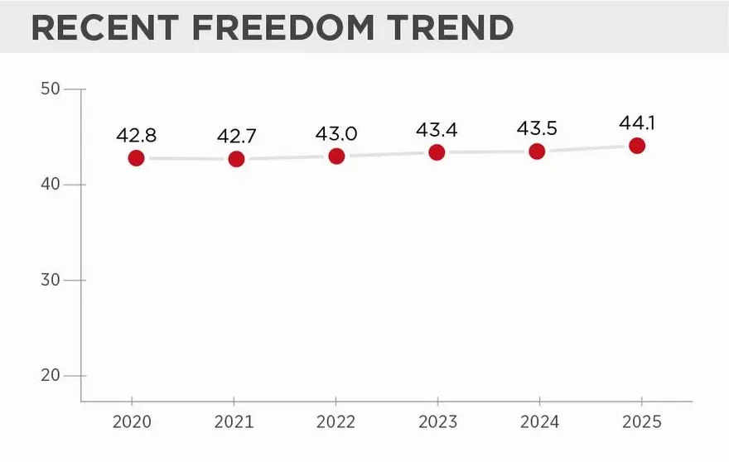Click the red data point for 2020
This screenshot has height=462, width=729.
tap(136, 158)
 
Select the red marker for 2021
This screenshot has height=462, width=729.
tap(236, 159)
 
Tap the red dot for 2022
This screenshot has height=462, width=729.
tap(336, 156)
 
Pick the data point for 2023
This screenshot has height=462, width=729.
tap(437, 152)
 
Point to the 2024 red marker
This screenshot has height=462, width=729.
tap(537, 151)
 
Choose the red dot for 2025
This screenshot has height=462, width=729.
tap(637, 146)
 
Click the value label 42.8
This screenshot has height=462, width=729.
tap(136, 135)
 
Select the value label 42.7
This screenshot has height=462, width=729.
tap(237, 136)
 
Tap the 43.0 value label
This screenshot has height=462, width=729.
tap(336, 134)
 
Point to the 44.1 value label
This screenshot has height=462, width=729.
tap(637, 123)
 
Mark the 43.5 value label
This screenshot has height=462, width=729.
tap(537, 128)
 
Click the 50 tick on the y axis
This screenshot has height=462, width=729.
tap(51, 89)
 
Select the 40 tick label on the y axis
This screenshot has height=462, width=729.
tap(51, 184)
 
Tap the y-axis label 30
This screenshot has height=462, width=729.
tap(51, 280)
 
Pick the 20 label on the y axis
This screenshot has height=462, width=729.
tap(51, 375)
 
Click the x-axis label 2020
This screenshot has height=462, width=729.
tap(132, 421)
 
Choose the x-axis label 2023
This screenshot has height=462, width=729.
tap(438, 421)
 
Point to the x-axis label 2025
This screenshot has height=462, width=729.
tap(641, 421)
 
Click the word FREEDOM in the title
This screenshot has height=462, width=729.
tap(283, 27)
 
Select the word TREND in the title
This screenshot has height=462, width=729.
tap(451, 27)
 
